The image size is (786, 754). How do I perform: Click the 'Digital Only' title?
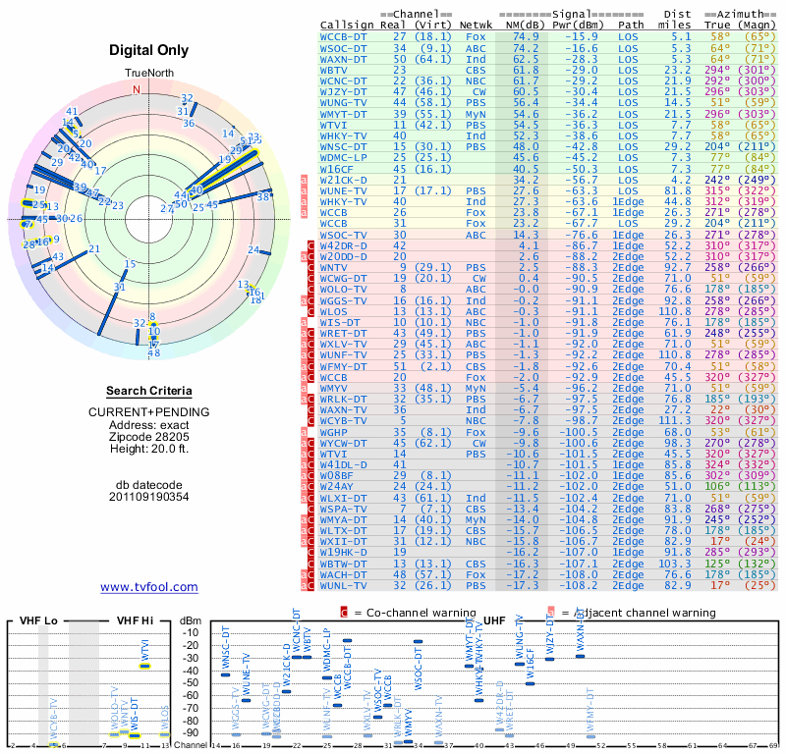click(x=148, y=50)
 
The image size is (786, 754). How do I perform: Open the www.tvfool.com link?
click(x=148, y=587)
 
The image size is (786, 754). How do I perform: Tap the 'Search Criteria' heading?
click(x=148, y=391)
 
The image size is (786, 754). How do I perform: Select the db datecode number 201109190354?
click(x=148, y=497)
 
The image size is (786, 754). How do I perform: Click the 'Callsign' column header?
click(x=348, y=25)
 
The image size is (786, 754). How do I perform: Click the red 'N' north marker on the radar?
click(x=137, y=89)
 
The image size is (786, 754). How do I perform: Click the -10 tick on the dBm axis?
click(x=192, y=633)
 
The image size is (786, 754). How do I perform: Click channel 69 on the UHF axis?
click(x=775, y=746)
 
